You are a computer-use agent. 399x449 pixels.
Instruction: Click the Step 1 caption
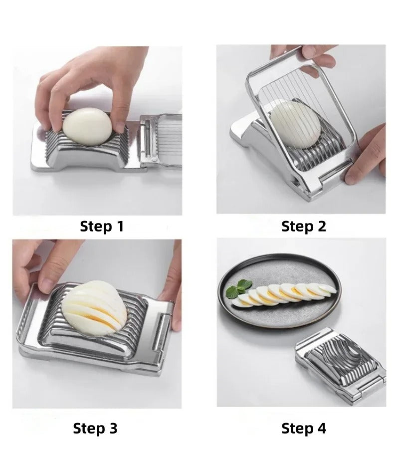[102, 226]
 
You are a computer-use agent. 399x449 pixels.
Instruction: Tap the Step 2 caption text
[303, 226]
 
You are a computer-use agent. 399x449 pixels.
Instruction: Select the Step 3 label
[95, 428]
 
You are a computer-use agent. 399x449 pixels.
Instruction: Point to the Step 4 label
[303, 428]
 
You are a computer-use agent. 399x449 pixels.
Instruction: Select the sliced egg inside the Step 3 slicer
[95, 307]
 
